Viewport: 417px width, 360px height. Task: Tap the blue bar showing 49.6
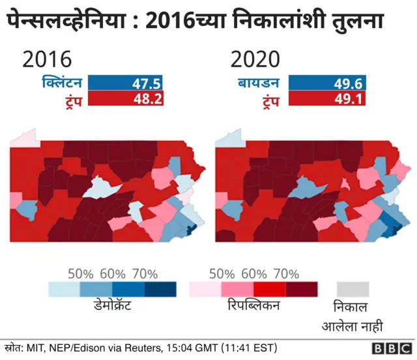(x=326, y=83)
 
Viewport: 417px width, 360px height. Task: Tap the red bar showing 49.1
(x=326, y=99)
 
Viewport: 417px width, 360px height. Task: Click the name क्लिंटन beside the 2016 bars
(x=61, y=83)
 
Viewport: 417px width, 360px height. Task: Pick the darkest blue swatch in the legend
(x=160, y=289)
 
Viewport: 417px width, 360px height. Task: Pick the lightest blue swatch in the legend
(x=65, y=289)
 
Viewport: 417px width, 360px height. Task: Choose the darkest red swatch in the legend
(x=301, y=289)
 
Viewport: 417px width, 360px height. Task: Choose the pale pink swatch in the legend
(x=205, y=289)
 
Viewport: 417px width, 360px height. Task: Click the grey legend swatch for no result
(x=353, y=289)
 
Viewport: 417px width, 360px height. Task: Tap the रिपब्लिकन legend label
(x=253, y=306)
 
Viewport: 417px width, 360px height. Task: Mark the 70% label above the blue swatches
(x=145, y=273)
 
